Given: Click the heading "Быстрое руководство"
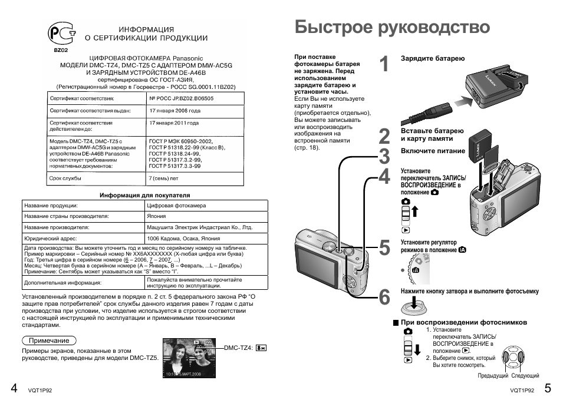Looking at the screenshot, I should (x=392, y=27).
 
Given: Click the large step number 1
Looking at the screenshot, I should (x=384, y=65).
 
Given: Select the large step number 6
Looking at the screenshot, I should (x=384, y=297).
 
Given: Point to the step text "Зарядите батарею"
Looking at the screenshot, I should (x=433, y=59).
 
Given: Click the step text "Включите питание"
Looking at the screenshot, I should (x=433, y=151).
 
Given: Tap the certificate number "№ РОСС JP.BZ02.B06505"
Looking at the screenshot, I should (x=181, y=98).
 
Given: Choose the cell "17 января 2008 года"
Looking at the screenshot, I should (x=175, y=111).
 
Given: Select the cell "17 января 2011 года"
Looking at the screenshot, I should (x=175, y=124).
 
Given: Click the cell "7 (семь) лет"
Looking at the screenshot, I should (x=163, y=177).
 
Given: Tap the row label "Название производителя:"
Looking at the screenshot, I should (x=57, y=227).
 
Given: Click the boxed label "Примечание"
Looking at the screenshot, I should (x=50, y=341).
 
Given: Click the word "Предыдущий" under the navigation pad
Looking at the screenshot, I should (x=493, y=375).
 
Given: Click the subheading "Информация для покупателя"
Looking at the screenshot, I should (x=144, y=194).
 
